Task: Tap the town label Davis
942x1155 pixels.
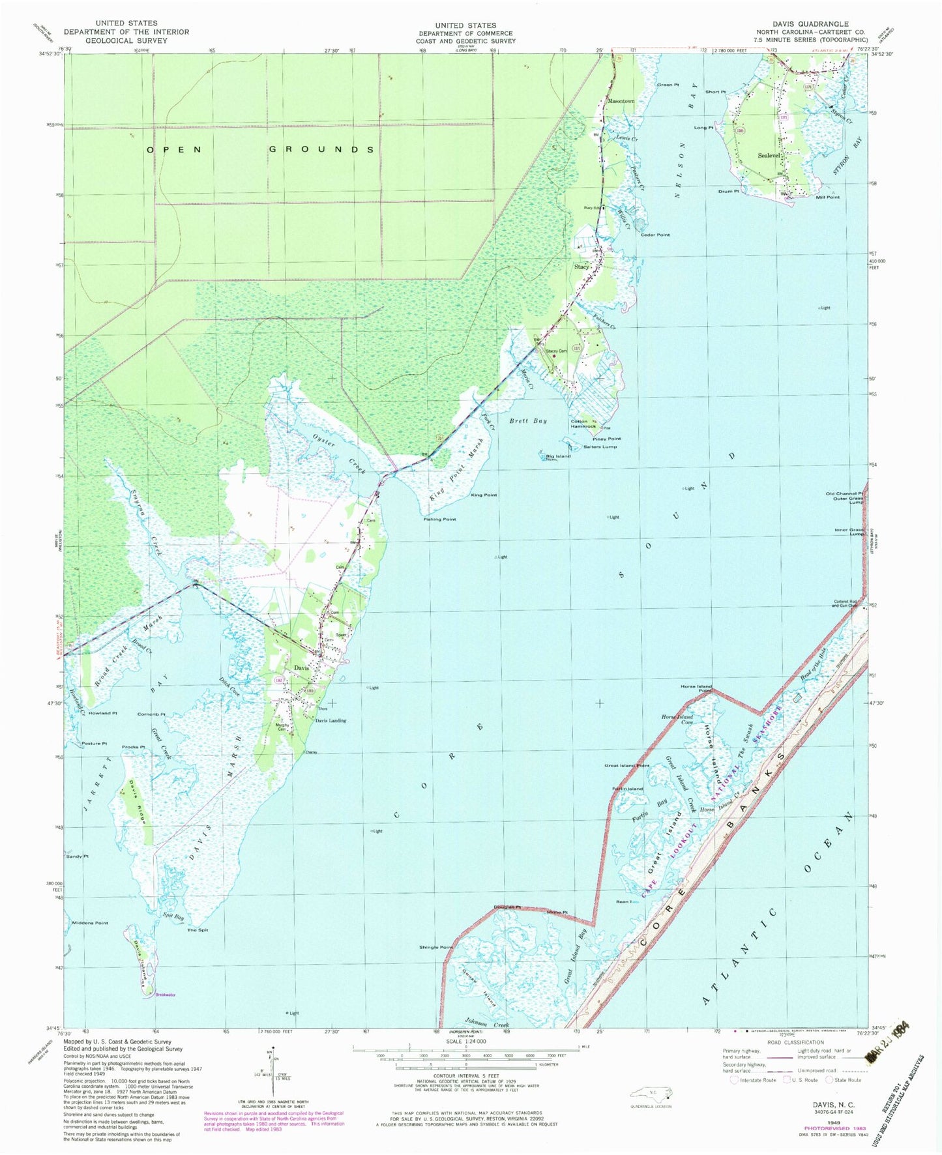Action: (301, 668)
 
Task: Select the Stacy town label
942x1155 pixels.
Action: (581, 267)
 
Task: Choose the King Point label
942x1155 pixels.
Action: (484, 495)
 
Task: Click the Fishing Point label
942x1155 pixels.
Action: (440, 519)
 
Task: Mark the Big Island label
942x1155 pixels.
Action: (559, 456)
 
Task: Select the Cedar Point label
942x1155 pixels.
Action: (655, 235)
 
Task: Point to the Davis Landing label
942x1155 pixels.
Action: (331, 720)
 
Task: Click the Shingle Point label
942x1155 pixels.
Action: (437, 947)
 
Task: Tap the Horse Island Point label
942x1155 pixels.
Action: (696, 689)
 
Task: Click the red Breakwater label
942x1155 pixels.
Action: (166, 995)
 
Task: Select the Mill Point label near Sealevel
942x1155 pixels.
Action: (827, 197)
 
